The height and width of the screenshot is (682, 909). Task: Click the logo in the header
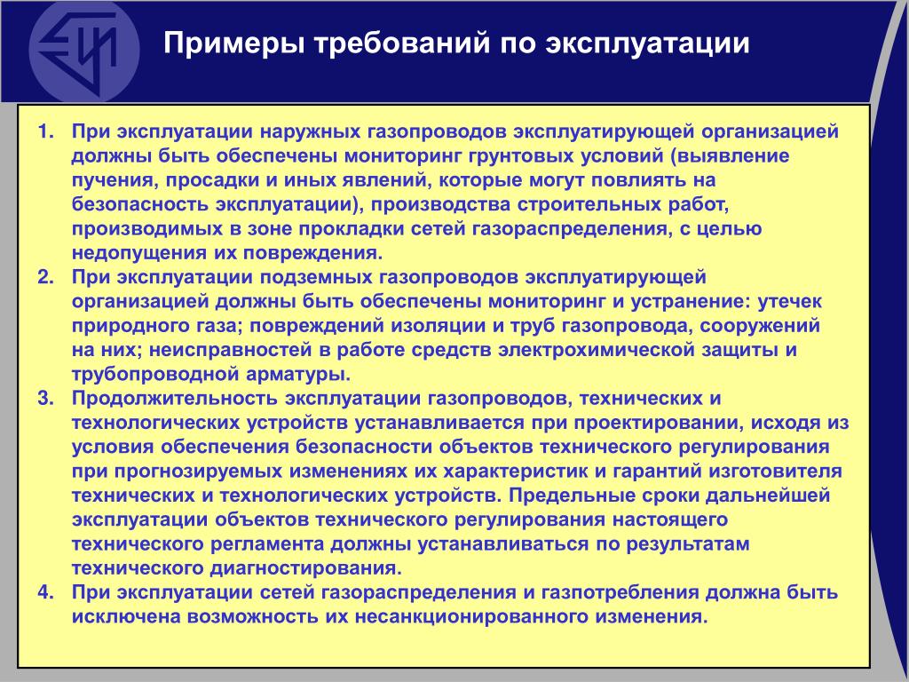pos(84,51)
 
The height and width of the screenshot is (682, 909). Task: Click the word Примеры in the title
pos(234,44)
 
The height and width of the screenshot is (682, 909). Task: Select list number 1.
pos(45,131)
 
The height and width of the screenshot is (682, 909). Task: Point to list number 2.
pos(45,277)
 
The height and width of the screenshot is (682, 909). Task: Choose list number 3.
pos(45,399)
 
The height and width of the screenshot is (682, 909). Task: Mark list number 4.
pos(45,592)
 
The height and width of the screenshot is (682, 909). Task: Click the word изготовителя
pos(775,472)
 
